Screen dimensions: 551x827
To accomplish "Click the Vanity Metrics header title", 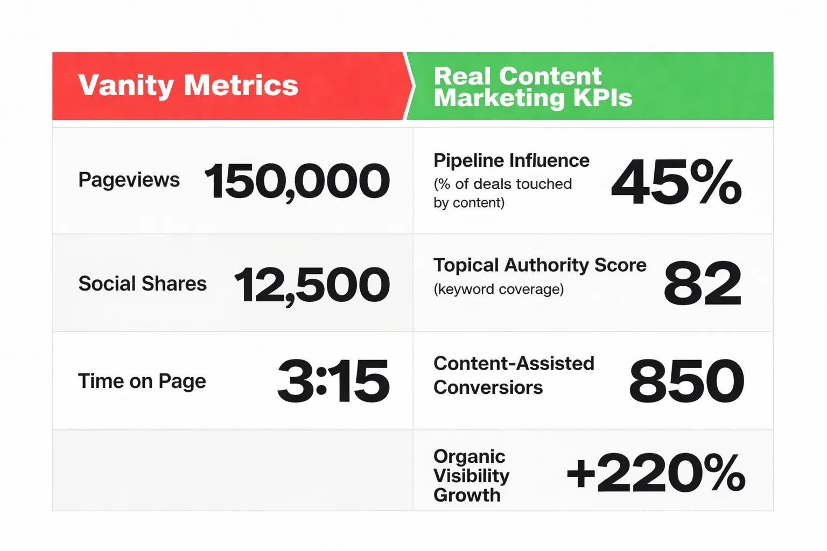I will [x=188, y=86].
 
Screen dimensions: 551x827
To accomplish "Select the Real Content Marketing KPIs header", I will [x=532, y=87].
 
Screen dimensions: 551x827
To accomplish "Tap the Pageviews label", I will [x=129, y=180].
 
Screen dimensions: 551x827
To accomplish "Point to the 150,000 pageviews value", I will [x=297, y=181].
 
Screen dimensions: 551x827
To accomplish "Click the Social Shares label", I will [x=142, y=284].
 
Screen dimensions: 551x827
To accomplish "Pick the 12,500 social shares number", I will [x=312, y=285].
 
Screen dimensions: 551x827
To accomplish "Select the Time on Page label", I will [x=142, y=381].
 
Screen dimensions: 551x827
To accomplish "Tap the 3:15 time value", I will [x=333, y=382].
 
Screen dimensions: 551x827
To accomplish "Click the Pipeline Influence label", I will [x=511, y=160].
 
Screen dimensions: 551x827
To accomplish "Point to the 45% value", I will [x=676, y=182].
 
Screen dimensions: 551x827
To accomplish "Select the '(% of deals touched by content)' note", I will [x=502, y=193].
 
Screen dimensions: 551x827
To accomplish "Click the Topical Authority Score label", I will [x=539, y=265].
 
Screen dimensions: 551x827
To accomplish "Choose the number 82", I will [x=702, y=284].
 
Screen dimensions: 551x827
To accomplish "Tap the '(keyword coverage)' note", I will [x=499, y=289].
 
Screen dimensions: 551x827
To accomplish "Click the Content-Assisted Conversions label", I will [x=513, y=375].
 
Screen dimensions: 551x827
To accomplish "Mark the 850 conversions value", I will [x=686, y=382].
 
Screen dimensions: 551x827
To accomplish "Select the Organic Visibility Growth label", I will [x=471, y=476].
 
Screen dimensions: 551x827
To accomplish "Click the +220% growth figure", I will [x=656, y=474].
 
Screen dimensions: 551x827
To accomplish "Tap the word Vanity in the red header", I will [x=127, y=86].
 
